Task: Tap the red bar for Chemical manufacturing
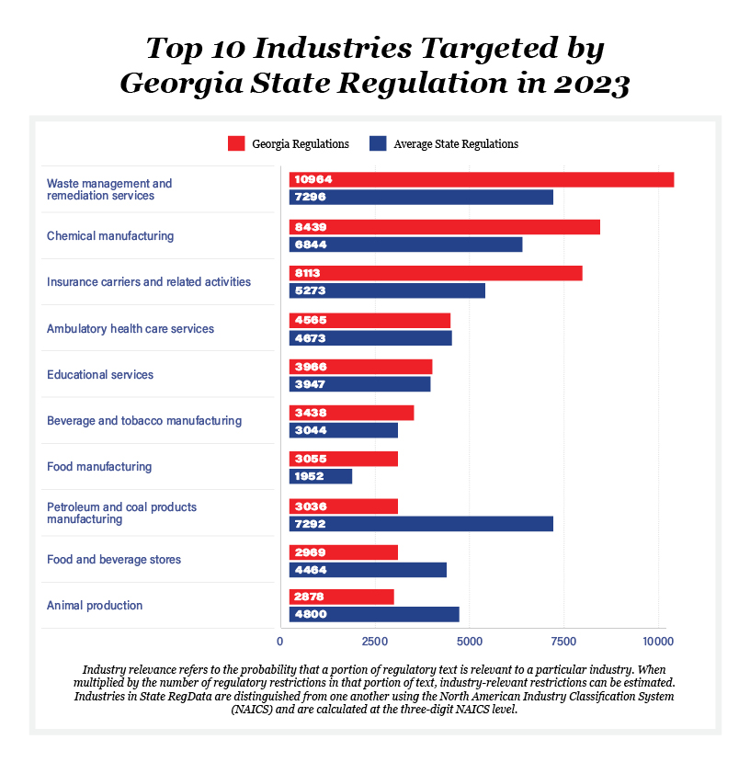click(445, 227)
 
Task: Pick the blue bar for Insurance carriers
click(387, 290)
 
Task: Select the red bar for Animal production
click(341, 597)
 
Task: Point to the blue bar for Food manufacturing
click(321, 476)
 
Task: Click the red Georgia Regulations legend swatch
click(236, 143)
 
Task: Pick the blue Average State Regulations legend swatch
click(377, 143)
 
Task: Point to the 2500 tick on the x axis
click(374, 642)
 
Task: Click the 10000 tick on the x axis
click(658, 642)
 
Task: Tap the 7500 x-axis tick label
click(563, 642)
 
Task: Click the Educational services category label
click(100, 375)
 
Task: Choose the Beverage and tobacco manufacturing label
click(144, 421)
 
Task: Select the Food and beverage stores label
click(114, 560)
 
